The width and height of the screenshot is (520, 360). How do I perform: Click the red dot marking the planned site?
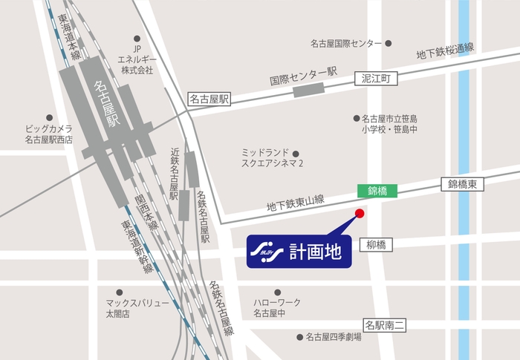click(360, 214)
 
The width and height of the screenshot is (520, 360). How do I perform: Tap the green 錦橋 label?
click(377, 191)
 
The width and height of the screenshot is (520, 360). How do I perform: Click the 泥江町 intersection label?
click(381, 77)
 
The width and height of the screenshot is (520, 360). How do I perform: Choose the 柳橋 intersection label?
click(377, 244)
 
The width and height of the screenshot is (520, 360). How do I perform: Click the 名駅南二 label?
click(385, 324)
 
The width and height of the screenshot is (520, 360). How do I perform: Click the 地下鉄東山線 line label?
click(295, 200)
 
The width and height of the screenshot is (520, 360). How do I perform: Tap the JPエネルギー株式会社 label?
click(137, 59)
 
